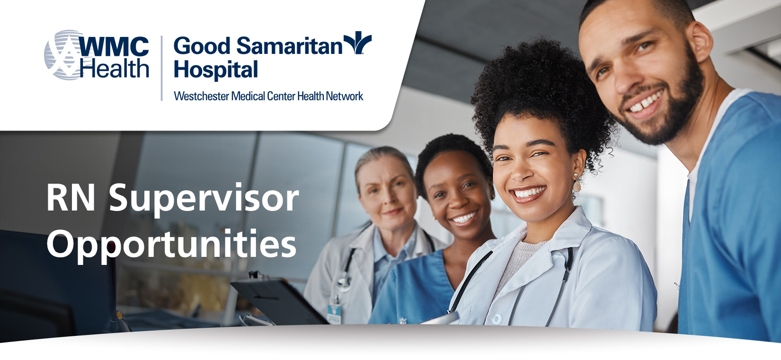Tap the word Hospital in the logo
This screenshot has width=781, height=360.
coord(216,70)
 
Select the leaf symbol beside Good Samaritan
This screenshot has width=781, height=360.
coord(357,43)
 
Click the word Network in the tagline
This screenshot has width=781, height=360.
coord(345,97)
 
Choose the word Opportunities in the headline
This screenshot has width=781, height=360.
coord(171,245)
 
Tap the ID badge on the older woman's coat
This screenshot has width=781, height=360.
coord(334,313)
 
